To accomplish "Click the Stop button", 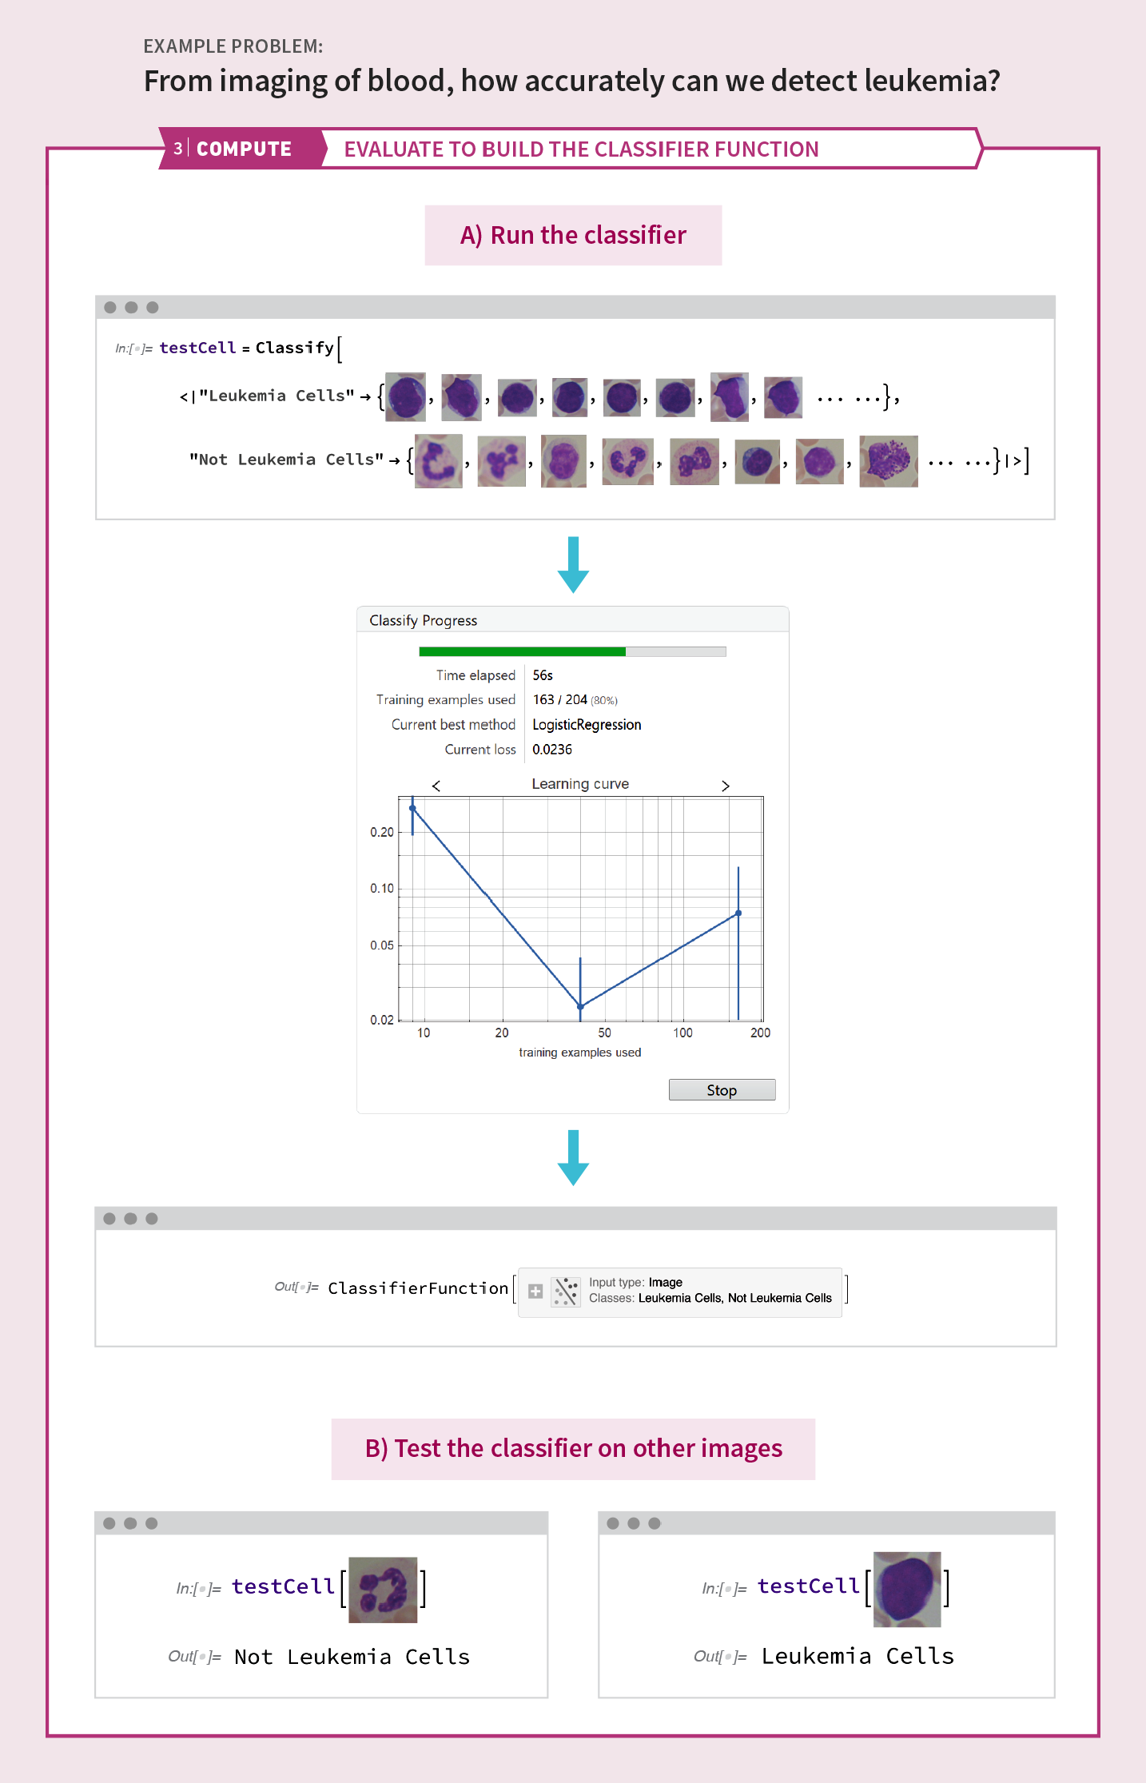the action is [722, 1090].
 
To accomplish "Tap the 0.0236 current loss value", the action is [552, 750].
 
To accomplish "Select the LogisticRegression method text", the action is [587, 725].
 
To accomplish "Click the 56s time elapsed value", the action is [543, 675].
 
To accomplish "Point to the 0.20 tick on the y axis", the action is [382, 832].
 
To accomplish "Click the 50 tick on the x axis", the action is [604, 1033].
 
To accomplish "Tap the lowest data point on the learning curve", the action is [580, 1006].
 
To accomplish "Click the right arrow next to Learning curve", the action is [726, 786].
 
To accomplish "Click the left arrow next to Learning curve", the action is [436, 786].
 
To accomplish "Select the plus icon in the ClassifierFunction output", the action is [535, 1291].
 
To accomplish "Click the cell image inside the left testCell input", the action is [383, 1590].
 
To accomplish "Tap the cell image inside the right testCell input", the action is [907, 1589].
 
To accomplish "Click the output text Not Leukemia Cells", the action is [352, 1657].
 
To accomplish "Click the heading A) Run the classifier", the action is [573, 235].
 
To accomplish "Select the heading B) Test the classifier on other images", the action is [573, 1448].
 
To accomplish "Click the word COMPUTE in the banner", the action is [244, 149].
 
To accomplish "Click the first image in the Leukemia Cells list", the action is [405, 397].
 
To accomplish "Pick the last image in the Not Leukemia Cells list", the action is [888, 461].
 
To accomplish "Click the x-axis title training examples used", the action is [579, 1053].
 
